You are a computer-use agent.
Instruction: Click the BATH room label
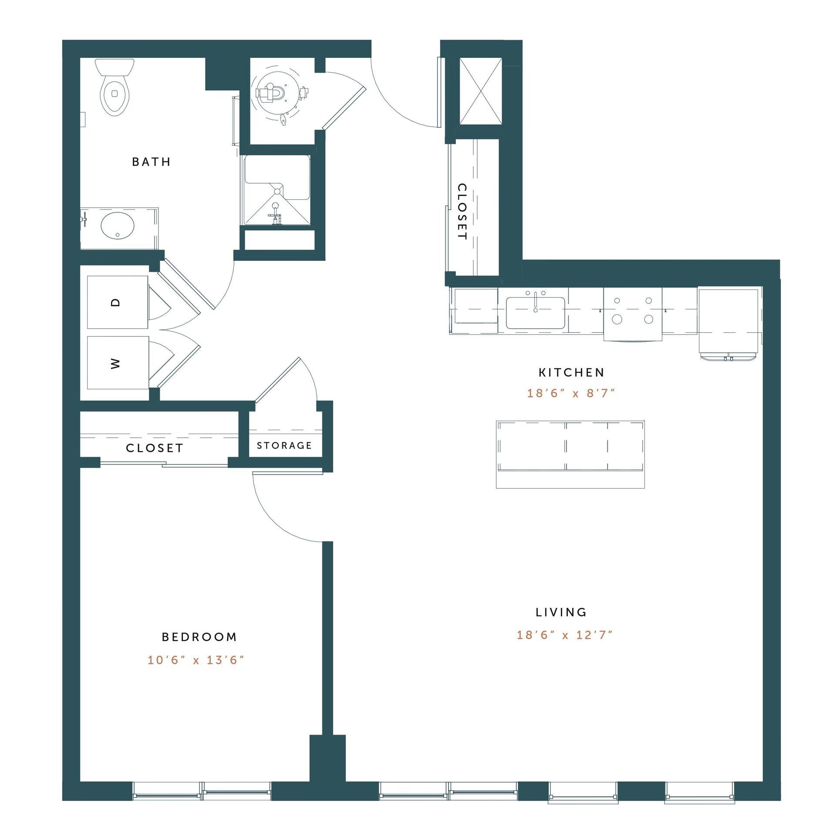click(x=151, y=162)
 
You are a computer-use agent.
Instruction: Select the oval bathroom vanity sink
click(x=118, y=225)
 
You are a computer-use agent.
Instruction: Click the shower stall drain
click(x=277, y=191)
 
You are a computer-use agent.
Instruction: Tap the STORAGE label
click(x=284, y=445)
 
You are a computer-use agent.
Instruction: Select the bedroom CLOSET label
click(x=155, y=448)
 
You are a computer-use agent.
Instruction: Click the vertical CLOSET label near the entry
click(x=462, y=212)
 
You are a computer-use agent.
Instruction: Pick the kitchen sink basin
click(x=535, y=313)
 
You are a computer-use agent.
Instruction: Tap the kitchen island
click(x=570, y=454)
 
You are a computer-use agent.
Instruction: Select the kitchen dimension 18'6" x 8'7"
click(x=571, y=393)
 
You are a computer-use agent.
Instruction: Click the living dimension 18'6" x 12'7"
click(x=564, y=635)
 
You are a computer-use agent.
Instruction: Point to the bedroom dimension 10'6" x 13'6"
click(x=196, y=660)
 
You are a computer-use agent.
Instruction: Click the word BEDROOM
click(x=199, y=637)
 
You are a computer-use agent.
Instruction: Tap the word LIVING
click(x=561, y=612)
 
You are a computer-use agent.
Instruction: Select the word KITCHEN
click(x=571, y=372)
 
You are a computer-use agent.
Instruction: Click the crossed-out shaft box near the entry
click(x=481, y=91)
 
